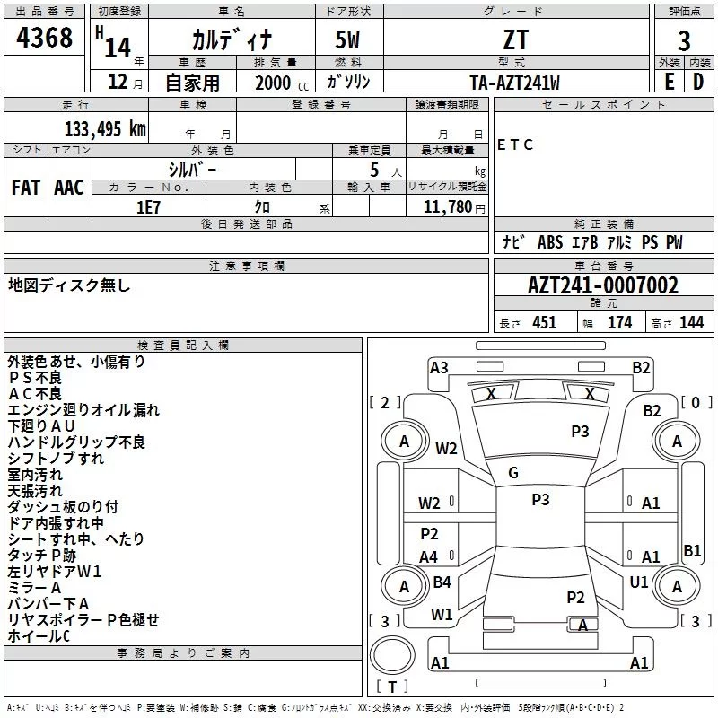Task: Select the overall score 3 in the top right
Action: [x=684, y=40]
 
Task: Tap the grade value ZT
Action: [x=516, y=40]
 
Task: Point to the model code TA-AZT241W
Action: [x=515, y=83]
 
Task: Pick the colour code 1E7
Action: [x=149, y=206]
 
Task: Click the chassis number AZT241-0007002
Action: [x=603, y=286]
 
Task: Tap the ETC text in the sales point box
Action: [x=515, y=144]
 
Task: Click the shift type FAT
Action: [x=26, y=188]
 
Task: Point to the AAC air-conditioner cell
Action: [x=69, y=188]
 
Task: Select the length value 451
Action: [x=544, y=323]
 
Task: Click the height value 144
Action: [x=691, y=323]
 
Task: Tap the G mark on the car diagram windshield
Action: [x=513, y=473]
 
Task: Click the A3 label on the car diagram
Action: [x=439, y=366]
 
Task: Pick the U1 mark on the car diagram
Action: [x=639, y=582]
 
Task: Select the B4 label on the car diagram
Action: [x=442, y=582]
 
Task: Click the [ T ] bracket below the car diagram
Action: [x=392, y=687]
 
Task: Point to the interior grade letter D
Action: [x=698, y=83]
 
